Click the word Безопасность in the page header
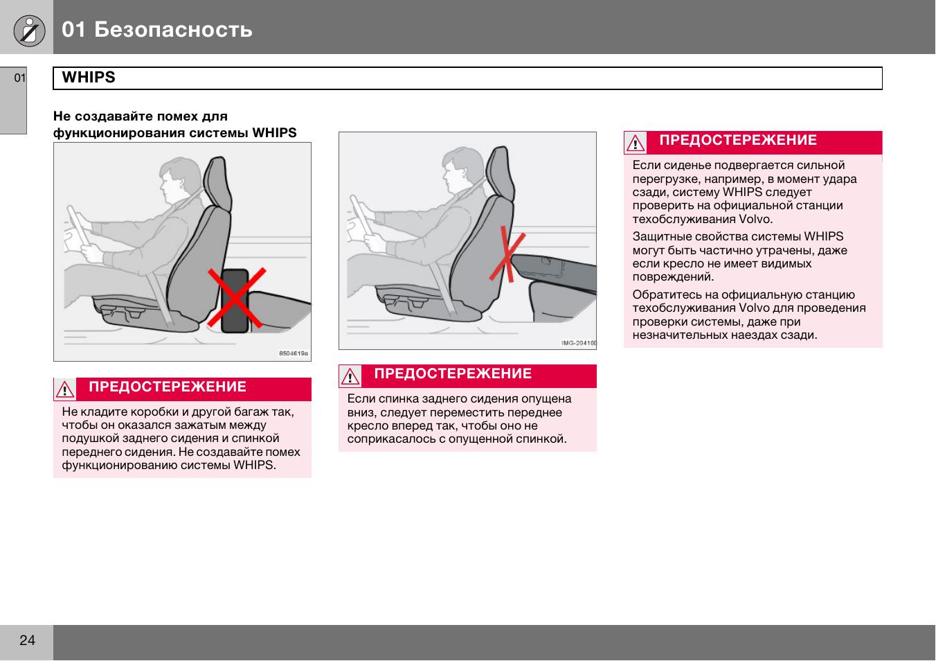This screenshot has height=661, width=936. (173, 30)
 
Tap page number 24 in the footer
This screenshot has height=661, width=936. (27, 640)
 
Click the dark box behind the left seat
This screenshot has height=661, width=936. (235, 299)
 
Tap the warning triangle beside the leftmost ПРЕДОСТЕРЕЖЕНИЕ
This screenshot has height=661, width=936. (64, 390)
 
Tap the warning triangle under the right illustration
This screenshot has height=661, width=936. (350, 377)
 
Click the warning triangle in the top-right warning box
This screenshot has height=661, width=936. (635, 143)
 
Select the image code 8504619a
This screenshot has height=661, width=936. (294, 353)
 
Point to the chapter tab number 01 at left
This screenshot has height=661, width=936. (19, 78)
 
